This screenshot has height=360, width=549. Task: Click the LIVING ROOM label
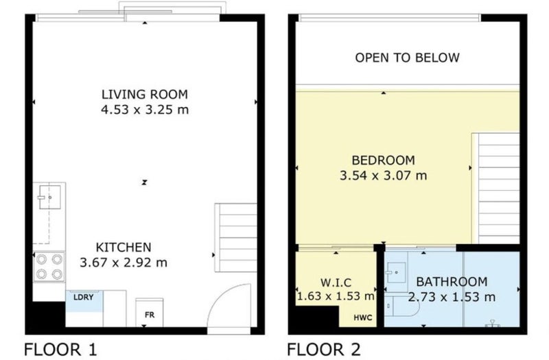click(x=145, y=94)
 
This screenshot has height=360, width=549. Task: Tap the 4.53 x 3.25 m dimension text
click(x=145, y=110)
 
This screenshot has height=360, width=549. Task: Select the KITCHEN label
click(x=124, y=248)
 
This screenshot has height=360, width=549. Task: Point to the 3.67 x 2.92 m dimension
click(x=124, y=263)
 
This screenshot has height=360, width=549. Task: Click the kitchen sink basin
click(x=49, y=197)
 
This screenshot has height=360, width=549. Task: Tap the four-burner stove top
click(x=49, y=267)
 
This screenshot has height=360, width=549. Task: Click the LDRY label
click(x=84, y=298)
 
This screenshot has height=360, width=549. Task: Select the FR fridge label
click(x=150, y=315)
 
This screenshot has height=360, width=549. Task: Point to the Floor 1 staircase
click(x=235, y=237)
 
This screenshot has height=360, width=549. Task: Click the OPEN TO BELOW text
click(x=407, y=58)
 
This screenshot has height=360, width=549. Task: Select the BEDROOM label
click(x=384, y=160)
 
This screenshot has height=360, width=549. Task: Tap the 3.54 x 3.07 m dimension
click(x=384, y=176)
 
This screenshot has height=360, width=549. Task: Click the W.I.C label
click(x=336, y=283)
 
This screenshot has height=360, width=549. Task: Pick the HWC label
click(x=363, y=317)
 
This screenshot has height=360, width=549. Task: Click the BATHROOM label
click(x=452, y=282)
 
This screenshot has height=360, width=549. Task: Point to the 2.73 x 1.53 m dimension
click(x=452, y=297)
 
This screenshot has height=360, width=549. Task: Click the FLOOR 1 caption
click(x=60, y=350)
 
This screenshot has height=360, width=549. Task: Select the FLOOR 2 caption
click(x=323, y=350)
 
